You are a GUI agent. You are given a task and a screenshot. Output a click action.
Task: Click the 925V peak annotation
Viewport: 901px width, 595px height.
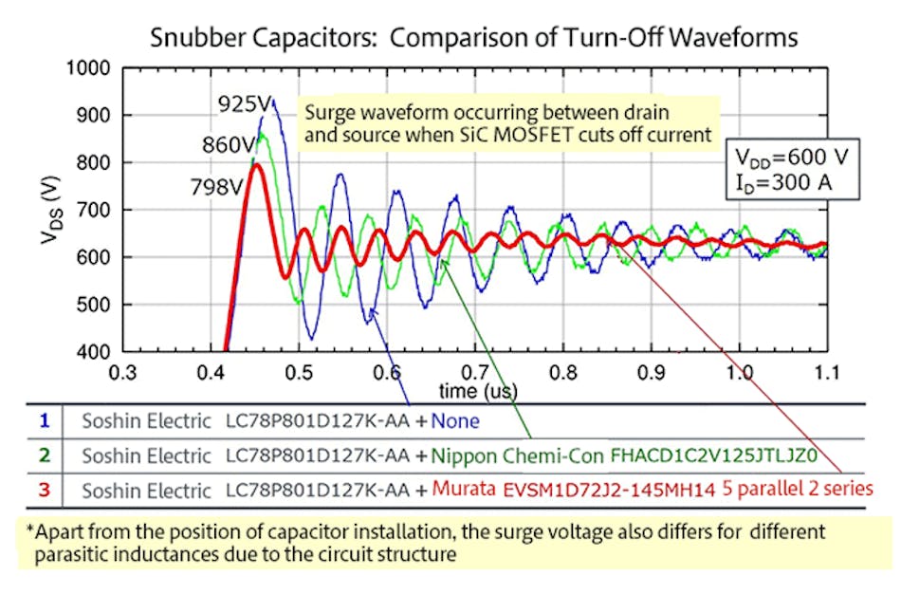point(243,103)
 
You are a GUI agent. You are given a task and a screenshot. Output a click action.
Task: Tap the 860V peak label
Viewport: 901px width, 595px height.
point(228,146)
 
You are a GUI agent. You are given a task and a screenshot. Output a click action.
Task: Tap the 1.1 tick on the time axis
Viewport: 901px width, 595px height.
point(826,373)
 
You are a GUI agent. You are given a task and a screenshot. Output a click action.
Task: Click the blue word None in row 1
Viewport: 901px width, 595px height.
point(457,421)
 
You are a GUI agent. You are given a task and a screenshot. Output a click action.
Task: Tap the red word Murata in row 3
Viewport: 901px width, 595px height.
point(465,490)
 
